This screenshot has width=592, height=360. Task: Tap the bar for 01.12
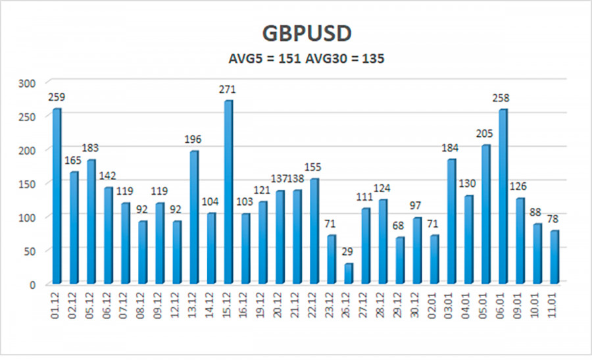57,196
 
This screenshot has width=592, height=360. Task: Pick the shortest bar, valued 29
348,274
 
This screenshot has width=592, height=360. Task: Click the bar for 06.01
503,197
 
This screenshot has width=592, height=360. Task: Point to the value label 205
485,134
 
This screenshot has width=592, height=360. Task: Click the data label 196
193,140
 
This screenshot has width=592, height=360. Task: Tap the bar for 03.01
451,222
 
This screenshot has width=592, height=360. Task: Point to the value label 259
57,97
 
